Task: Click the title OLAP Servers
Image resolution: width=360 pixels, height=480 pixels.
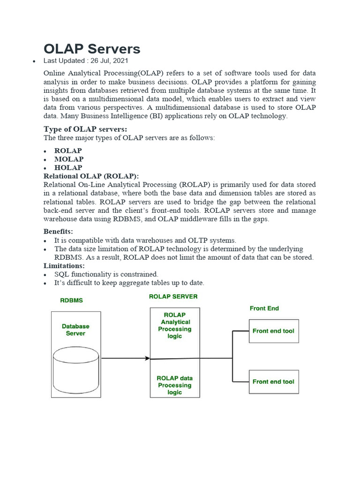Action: pos(92,49)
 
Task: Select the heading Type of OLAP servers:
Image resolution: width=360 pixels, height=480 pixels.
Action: pos(85,129)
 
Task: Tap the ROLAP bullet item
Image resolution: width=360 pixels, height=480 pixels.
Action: pos(68,150)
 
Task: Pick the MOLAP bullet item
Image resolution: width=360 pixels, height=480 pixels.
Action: pos(69,159)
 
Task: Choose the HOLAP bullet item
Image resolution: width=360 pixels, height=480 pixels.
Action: pos(68,167)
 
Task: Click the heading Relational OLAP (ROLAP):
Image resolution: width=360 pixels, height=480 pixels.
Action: pos(91,176)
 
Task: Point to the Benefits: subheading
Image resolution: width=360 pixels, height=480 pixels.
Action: pos(58,232)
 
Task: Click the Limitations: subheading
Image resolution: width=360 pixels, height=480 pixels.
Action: pos(64,266)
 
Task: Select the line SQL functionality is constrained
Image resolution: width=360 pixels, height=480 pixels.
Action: pos(106,274)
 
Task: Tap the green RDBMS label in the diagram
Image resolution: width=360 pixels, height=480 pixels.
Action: pos(71,300)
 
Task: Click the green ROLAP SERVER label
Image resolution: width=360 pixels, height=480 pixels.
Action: pos(173,297)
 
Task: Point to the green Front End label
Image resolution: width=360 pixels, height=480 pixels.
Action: pos(264,308)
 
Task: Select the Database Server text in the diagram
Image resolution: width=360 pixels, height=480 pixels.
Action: pos(75,330)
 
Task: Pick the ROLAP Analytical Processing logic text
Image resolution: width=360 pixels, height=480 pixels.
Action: pos(174,325)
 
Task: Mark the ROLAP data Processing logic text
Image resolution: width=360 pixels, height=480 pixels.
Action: pos(174,385)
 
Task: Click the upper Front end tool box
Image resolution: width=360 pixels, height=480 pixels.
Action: pos(273,331)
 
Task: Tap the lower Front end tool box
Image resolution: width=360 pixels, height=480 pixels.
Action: pos(273,382)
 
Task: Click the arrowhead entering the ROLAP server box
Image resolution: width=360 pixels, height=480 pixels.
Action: pos(148,359)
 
